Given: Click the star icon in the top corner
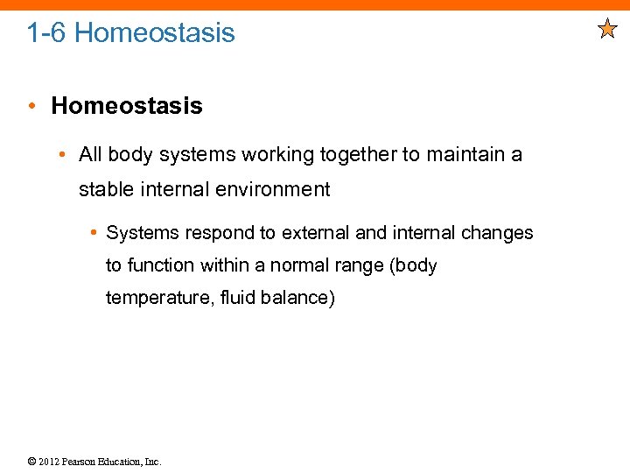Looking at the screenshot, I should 607,30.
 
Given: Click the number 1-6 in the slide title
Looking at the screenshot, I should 46,33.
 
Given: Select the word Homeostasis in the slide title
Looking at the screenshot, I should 155,33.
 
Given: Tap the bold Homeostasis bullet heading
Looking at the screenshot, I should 127,106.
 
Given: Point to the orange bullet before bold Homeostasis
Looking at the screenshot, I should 31,107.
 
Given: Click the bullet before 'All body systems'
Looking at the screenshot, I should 63,155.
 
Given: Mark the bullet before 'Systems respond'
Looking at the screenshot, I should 92,233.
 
